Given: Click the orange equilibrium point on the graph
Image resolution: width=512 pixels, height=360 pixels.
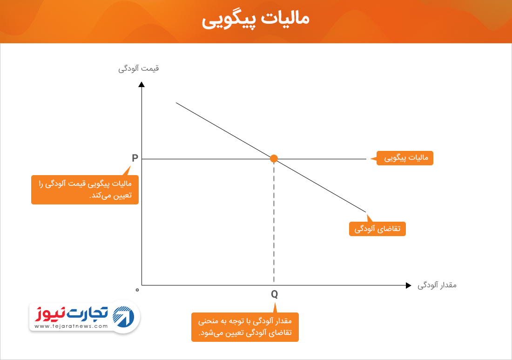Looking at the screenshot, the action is click(x=274, y=159).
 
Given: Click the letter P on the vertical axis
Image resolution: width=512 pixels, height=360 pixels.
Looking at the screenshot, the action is click(x=135, y=158).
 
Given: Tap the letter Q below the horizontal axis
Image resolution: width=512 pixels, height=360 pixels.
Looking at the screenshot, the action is click(x=274, y=294).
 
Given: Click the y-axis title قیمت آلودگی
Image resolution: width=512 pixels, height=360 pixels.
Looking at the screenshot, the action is click(x=138, y=68).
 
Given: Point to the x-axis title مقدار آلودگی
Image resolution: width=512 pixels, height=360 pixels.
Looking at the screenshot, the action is click(x=437, y=285).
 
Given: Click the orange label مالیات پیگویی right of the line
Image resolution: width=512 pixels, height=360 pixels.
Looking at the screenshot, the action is click(x=405, y=158).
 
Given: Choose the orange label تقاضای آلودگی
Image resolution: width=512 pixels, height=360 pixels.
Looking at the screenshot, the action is click(x=377, y=229).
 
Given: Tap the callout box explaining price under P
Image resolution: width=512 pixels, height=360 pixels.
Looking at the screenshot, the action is click(x=85, y=190).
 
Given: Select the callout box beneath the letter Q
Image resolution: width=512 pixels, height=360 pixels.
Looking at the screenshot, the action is click(x=245, y=327).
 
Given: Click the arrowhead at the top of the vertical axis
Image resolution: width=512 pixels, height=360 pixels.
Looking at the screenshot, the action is click(x=141, y=84).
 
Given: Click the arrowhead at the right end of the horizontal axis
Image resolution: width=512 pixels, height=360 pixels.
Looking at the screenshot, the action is click(x=409, y=285).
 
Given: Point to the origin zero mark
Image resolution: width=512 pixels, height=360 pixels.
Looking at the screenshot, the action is click(x=137, y=290).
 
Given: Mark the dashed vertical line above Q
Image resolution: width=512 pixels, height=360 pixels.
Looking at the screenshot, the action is click(x=274, y=222).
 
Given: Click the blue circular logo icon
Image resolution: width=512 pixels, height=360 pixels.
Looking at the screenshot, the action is click(x=123, y=317).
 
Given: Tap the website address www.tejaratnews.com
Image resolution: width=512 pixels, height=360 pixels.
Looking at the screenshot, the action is click(x=71, y=326).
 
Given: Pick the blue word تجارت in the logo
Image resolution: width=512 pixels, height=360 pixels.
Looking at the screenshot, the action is click(x=87, y=312).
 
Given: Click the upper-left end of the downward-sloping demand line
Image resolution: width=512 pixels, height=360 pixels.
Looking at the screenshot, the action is click(x=176, y=103).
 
